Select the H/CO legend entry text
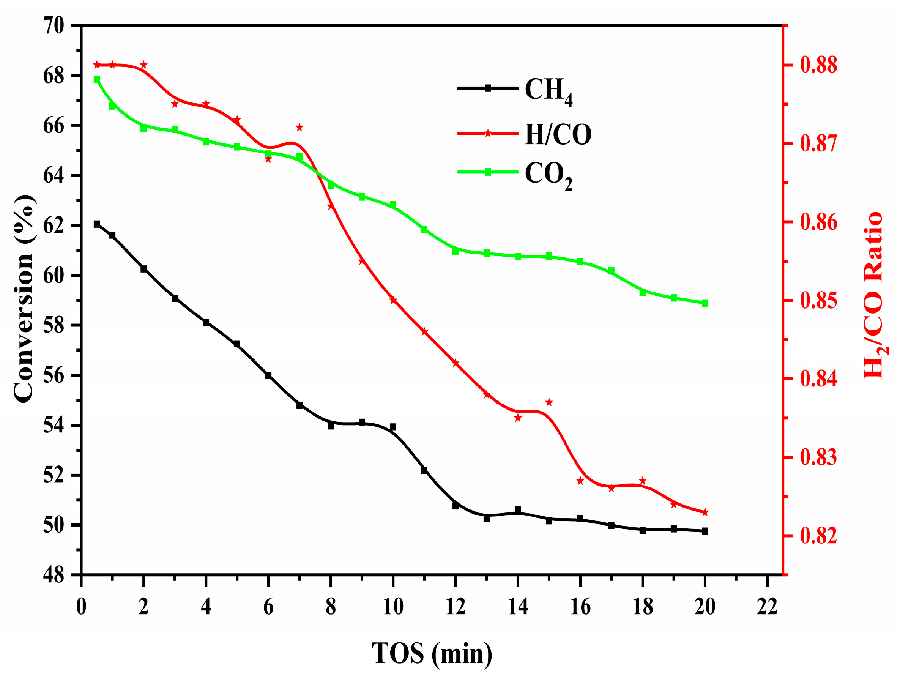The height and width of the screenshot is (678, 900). point(558,134)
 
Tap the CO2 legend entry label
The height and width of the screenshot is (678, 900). point(548,175)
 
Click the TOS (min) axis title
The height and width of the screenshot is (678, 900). point(432,653)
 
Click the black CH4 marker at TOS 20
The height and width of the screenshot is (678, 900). point(705,531)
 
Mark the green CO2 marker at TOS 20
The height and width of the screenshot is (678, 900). point(705,303)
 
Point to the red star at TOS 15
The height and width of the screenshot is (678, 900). point(549,402)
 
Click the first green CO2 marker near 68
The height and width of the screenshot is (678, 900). point(97,79)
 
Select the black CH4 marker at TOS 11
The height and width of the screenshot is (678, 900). point(424,470)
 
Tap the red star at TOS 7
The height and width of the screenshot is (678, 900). point(299,128)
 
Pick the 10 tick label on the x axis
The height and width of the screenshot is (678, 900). point(393,607)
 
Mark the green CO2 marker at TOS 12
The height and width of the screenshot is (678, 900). point(455,252)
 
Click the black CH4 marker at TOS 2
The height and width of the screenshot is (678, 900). point(143,269)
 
